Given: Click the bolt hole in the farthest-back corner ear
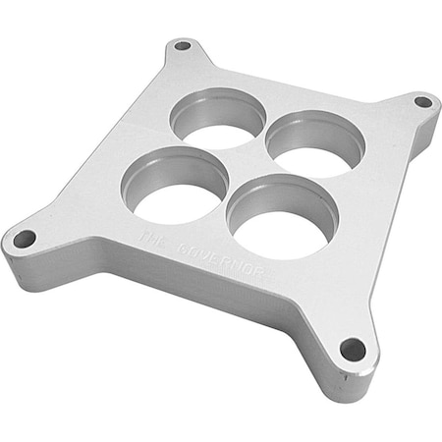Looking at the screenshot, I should click(x=182, y=45).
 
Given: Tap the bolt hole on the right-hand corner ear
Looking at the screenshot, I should click(x=422, y=101).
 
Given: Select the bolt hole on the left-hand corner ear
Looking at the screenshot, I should click(x=24, y=238).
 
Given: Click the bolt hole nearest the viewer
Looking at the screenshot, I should click(x=352, y=349).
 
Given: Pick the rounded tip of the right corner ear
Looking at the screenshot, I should click(x=435, y=98).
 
